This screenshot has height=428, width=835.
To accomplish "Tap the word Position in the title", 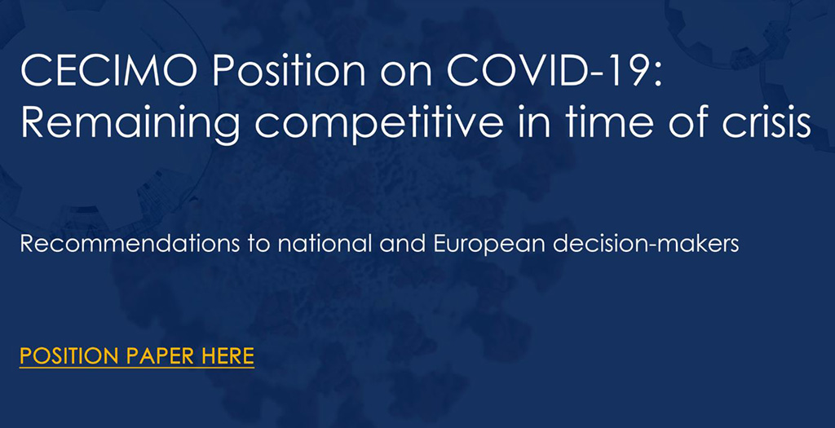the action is pos(289,72).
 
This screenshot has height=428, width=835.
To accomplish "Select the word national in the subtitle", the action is pos(325,244).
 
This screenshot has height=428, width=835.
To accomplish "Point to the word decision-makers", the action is pos(646,244).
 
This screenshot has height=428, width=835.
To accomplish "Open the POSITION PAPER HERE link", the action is pos(137,356).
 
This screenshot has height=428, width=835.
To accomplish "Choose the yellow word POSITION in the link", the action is pos(69,355).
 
